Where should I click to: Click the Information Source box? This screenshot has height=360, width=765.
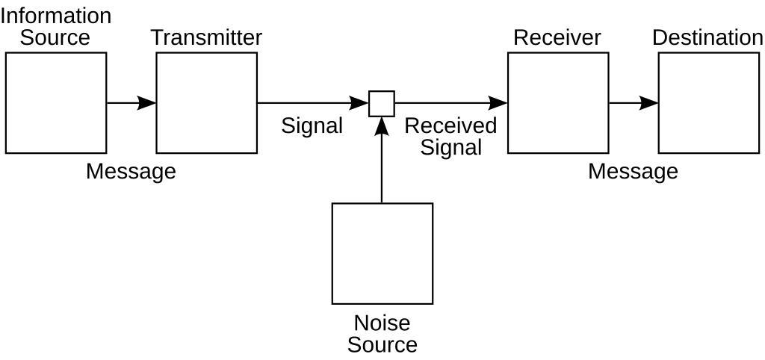click(x=56, y=103)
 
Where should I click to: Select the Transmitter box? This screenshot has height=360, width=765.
click(x=206, y=103)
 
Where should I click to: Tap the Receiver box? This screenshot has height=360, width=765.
click(x=558, y=103)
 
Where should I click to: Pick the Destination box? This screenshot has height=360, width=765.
click(x=708, y=103)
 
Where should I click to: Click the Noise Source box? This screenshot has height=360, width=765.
click(x=382, y=253)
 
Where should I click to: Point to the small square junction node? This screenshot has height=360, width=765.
click(x=382, y=103)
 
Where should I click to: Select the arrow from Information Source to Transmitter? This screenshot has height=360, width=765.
click(x=131, y=103)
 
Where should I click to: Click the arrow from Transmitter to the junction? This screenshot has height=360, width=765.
click(x=313, y=103)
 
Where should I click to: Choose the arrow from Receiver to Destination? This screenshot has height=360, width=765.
click(x=634, y=103)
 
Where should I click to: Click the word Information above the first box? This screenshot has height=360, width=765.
click(x=56, y=16)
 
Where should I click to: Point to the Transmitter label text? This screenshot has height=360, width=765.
click(x=206, y=37)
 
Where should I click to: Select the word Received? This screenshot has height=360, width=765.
click(x=450, y=125)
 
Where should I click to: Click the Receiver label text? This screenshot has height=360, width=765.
click(x=557, y=37)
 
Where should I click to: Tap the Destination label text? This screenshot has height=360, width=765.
click(x=707, y=37)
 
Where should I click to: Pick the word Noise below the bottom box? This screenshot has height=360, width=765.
click(x=382, y=323)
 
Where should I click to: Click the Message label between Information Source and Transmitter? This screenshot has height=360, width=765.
click(x=131, y=171)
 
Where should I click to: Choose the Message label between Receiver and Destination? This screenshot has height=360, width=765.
click(x=633, y=171)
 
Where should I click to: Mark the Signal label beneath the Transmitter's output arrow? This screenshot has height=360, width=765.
click(x=312, y=125)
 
